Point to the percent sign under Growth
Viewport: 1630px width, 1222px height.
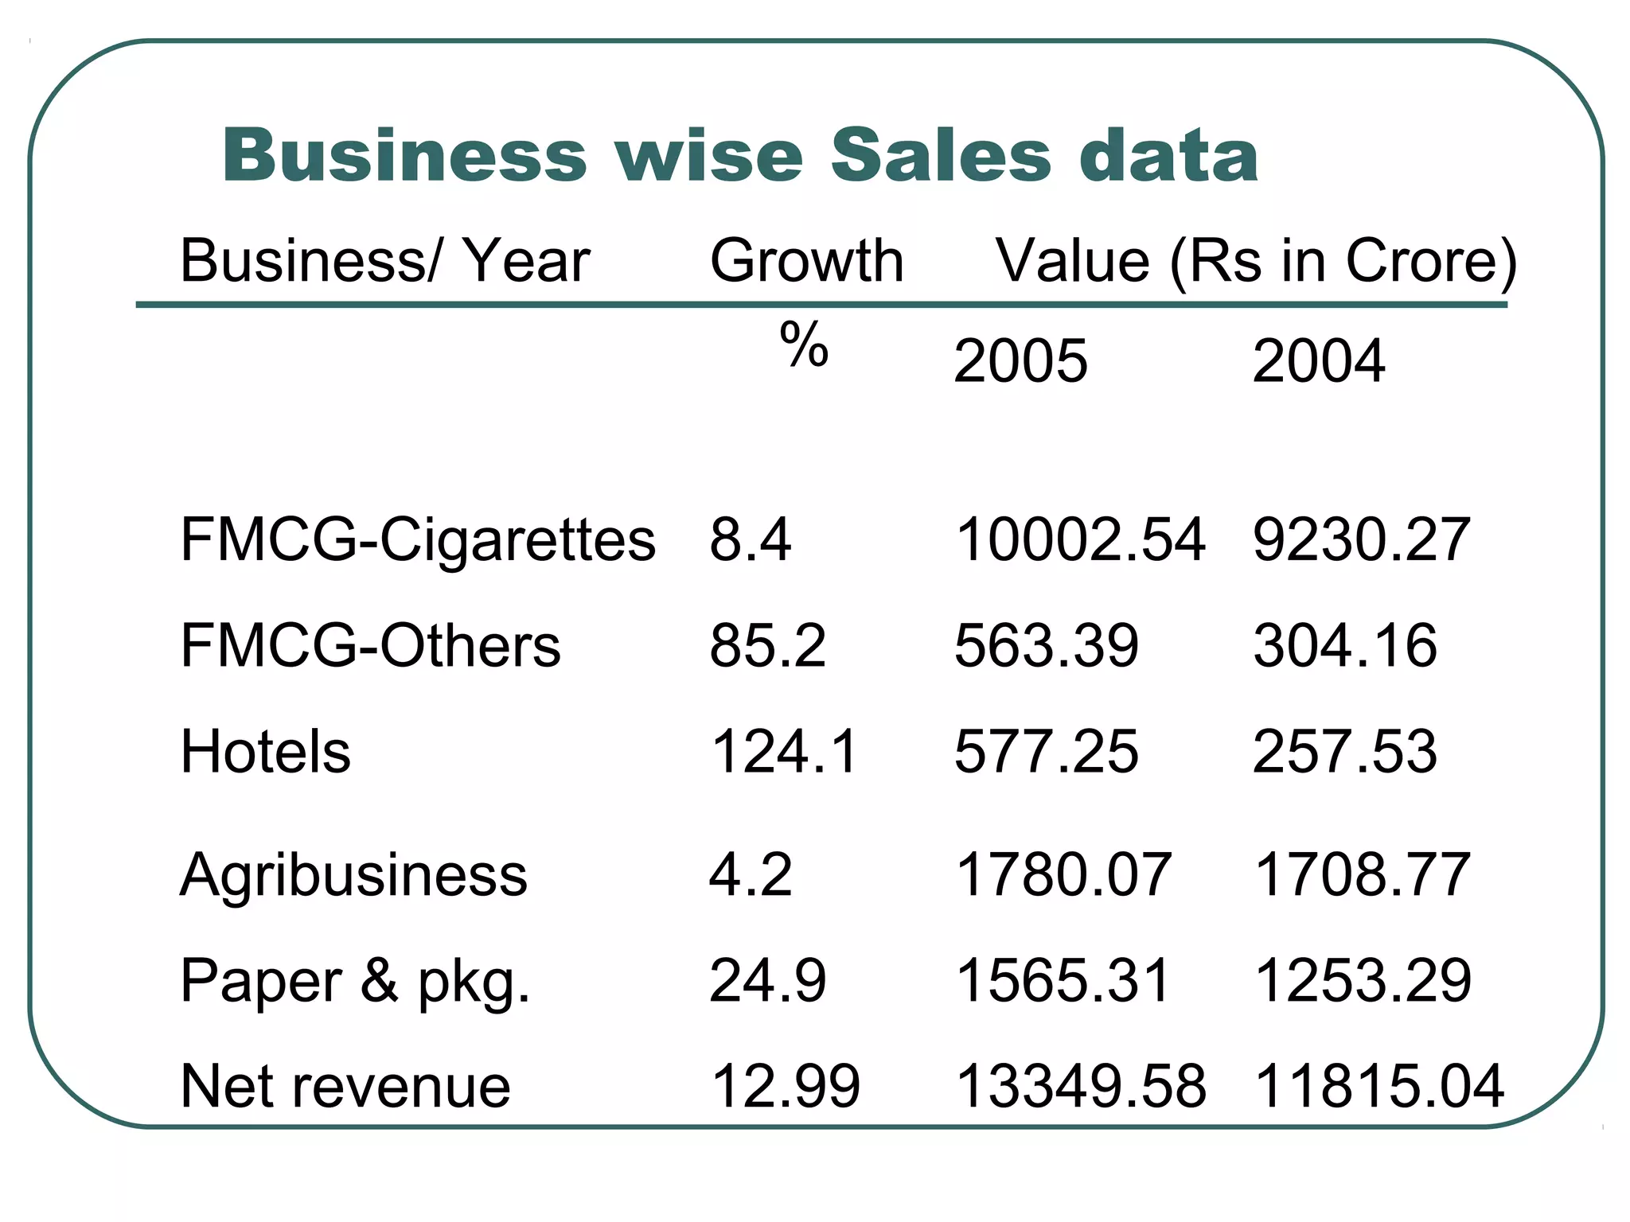click(x=804, y=345)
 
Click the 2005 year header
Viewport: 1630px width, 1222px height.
click(x=1020, y=361)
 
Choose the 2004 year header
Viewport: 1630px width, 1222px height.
click(x=1318, y=361)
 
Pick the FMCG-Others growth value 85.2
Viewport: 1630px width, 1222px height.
click(x=767, y=645)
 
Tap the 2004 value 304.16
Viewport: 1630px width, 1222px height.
click(x=1345, y=645)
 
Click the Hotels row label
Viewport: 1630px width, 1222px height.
click(x=265, y=751)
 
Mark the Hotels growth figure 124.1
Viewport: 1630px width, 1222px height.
click(x=784, y=751)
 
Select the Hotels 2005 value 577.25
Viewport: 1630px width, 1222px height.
click(x=1046, y=751)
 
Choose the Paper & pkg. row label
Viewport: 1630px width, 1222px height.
click(x=355, y=981)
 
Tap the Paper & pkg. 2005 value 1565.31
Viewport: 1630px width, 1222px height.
click(x=1063, y=981)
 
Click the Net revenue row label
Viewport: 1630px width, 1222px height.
click(x=345, y=1087)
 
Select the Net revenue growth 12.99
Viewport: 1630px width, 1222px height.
click(x=785, y=1087)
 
